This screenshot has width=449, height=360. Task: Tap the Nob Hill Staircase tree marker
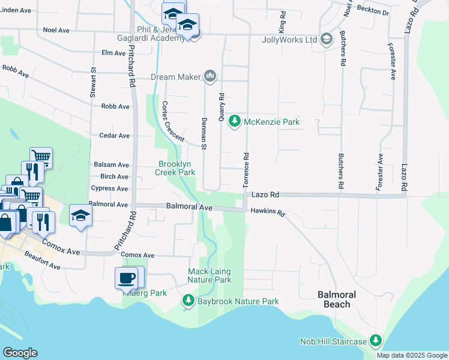[376, 341]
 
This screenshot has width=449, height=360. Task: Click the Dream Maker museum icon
[209, 77]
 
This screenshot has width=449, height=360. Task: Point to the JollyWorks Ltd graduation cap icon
[326, 40]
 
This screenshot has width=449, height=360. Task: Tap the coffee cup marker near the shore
[126, 278]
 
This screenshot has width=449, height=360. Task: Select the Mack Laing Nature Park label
[209, 276]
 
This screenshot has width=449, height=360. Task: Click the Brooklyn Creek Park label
[176, 168]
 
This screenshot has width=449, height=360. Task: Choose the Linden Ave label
[16, 11]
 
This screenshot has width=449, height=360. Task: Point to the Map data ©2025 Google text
[412, 355]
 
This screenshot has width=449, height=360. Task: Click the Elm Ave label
[113, 53]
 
